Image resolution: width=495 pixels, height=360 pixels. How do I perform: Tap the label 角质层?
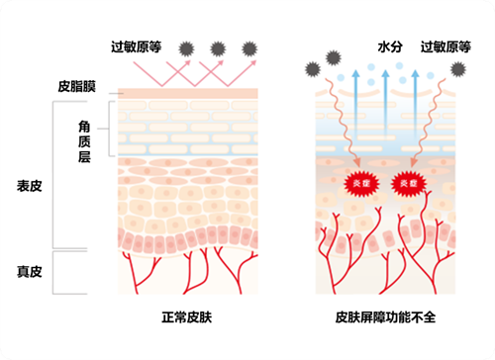click(86, 141)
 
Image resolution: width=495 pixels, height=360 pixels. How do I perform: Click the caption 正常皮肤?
click(187, 317)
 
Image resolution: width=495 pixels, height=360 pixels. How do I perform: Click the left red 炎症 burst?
click(353, 182)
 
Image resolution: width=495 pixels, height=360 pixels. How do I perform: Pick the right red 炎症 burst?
click(406, 182)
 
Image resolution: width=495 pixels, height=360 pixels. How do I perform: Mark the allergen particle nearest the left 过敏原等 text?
click(184, 46)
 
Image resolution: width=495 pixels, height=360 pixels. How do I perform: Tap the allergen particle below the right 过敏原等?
click(458, 67)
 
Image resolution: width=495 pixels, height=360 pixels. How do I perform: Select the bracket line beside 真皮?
click(55, 272)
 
